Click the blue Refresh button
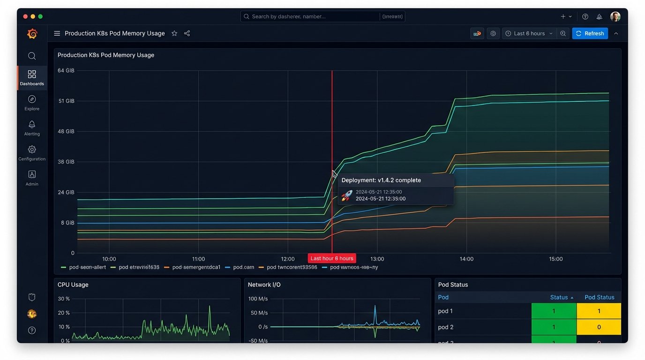(x=590, y=33)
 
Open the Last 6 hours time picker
(x=529, y=33)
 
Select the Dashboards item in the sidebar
(x=32, y=78)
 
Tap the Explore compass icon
(x=32, y=99)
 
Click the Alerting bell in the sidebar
(x=32, y=125)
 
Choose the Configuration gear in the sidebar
(x=32, y=150)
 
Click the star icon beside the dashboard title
(x=174, y=33)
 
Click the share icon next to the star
(x=187, y=33)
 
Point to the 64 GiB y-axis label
(x=66, y=71)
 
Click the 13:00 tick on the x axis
(x=377, y=259)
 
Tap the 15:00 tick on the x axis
(x=555, y=259)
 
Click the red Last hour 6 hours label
(x=332, y=258)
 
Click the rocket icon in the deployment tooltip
(x=346, y=195)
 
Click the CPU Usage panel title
(x=73, y=285)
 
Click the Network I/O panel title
(x=264, y=285)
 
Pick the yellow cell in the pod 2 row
(x=599, y=327)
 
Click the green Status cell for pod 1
(x=554, y=311)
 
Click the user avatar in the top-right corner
(x=615, y=16)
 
